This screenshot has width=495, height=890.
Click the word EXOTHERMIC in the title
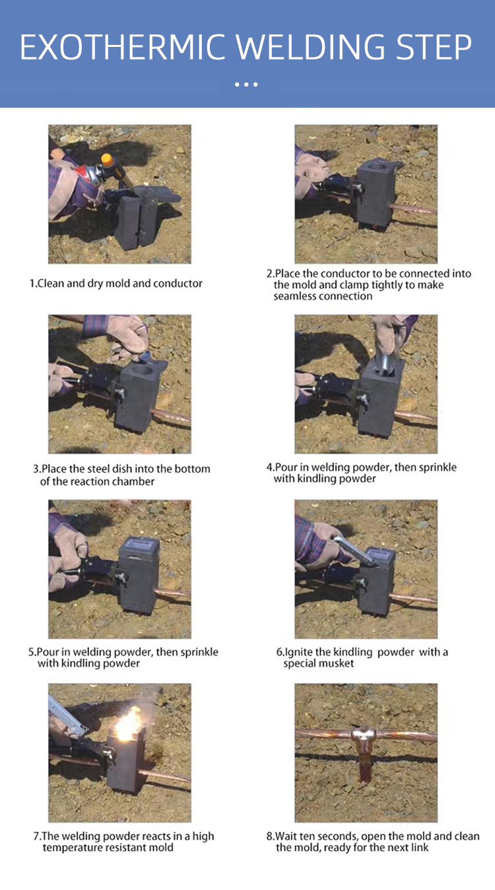click(123, 47)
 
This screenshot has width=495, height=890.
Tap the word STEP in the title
click(434, 47)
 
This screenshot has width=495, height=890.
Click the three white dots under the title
click(246, 84)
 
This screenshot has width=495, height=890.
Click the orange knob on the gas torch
click(107, 160)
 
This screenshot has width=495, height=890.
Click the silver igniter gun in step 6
click(354, 550)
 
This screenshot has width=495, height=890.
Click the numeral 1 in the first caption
click(32, 283)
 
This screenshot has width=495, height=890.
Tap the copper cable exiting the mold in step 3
click(172, 416)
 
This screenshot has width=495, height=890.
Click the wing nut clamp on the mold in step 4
click(362, 397)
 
